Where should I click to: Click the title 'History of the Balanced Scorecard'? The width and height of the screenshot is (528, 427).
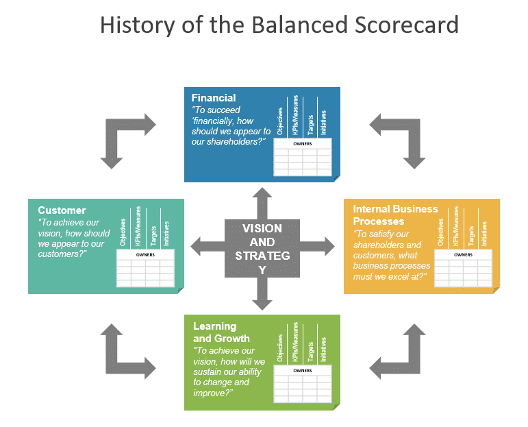coord(279,25)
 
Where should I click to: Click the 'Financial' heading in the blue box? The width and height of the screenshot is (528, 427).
coord(214,98)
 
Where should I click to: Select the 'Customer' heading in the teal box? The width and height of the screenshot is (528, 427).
coord(62,210)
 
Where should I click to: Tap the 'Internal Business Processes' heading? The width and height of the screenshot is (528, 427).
coord(395,215)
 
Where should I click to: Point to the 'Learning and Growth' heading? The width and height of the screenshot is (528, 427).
coord(221,332)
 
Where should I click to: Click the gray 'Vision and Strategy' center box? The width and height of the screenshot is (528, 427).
coord(262,249)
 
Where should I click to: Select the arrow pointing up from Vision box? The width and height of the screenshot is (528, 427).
coord(262,202)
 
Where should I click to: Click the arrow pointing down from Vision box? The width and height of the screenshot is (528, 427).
coord(262,295)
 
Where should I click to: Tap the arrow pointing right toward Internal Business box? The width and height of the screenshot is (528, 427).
coord(318,245)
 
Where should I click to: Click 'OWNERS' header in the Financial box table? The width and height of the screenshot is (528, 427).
coord(302,145)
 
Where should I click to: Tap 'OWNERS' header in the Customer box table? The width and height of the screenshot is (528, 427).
coord(145,255)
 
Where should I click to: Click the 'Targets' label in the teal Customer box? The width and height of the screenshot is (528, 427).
coord(153,233)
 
